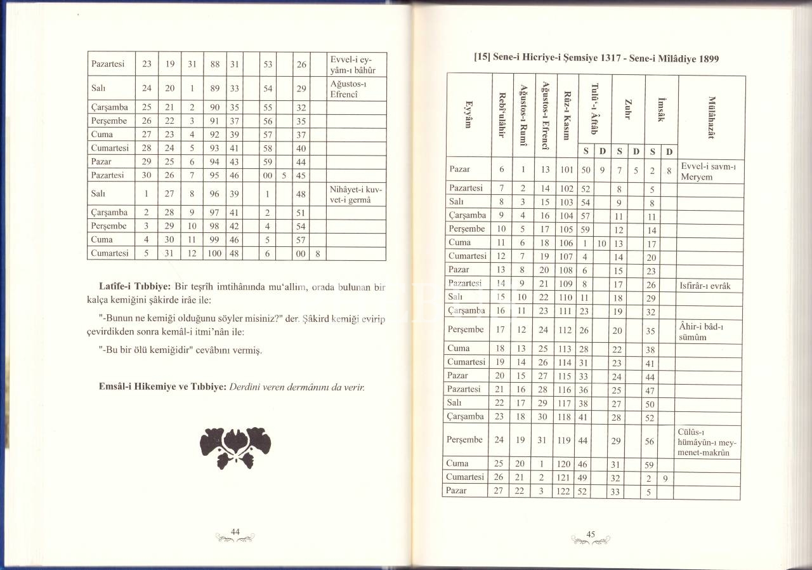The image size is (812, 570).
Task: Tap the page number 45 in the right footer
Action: tap(591, 534)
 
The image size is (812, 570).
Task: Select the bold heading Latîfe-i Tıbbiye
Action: tap(136, 288)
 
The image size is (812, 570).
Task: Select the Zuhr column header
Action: tap(627, 108)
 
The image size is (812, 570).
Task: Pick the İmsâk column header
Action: tap(660, 108)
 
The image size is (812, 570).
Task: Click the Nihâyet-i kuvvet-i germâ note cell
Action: tap(357, 195)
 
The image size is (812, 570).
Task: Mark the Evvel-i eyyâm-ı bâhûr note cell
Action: tap(357, 64)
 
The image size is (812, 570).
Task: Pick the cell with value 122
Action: tap(566, 491)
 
